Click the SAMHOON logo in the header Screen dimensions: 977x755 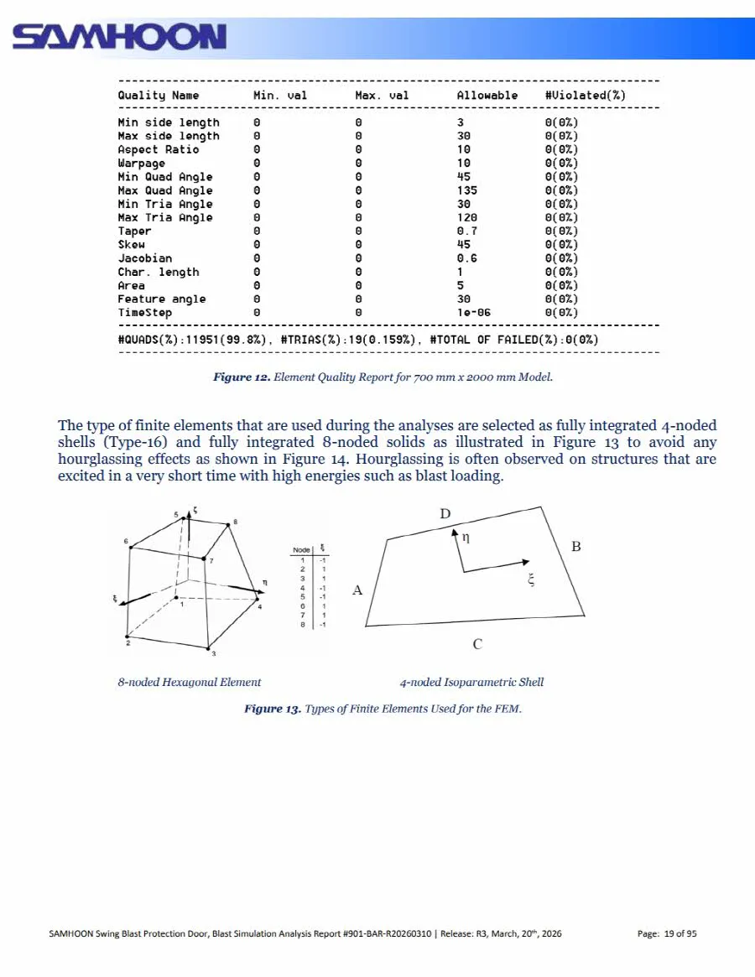point(119,38)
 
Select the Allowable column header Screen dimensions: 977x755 point(487,96)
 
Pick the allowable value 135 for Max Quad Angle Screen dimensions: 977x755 point(466,190)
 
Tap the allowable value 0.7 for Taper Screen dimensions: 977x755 point(466,231)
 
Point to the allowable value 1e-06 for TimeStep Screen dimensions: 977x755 point(473,313)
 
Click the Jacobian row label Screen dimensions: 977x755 point(144,258)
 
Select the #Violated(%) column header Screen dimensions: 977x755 point(585,96)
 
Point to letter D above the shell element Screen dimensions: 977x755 point(445,513)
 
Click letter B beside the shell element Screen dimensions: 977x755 point(576,547)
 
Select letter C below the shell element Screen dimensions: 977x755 point(476,644)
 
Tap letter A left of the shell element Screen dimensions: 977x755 point(357,590)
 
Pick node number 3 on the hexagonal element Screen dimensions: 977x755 point(213,654)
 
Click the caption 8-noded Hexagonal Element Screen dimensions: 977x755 point(189,683)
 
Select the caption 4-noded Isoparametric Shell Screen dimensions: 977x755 point(471,683)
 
